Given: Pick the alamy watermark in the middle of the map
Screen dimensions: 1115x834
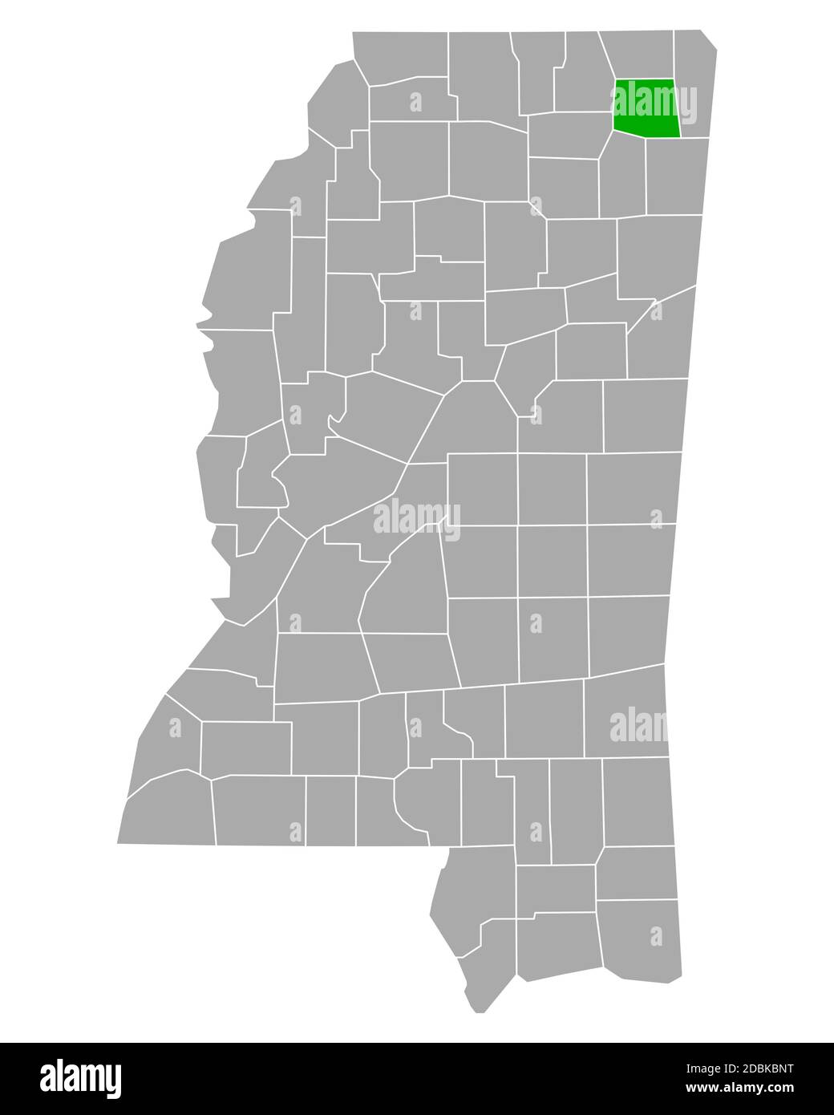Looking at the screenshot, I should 417,518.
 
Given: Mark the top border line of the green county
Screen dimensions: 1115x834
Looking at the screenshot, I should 645,79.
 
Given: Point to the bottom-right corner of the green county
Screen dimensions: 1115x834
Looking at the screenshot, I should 680,136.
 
